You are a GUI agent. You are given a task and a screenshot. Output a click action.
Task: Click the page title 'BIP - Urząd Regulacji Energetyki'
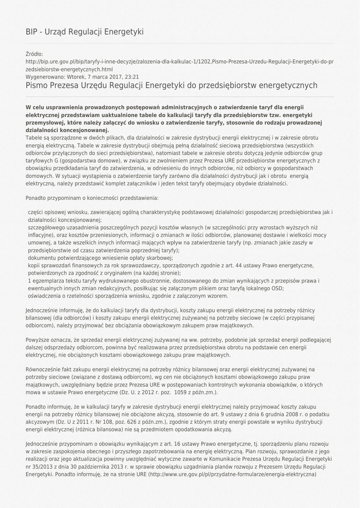pos(84,32)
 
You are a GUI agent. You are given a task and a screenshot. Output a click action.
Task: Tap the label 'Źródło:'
pos(34,54)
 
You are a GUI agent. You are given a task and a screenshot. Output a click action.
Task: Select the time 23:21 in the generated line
pos(132,77)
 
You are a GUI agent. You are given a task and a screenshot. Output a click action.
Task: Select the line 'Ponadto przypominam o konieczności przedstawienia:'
pos(92,198)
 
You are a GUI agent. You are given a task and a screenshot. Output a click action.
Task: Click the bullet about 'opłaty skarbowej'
pos(100,258)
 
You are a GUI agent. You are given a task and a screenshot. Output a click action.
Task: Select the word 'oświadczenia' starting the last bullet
pos(45,296)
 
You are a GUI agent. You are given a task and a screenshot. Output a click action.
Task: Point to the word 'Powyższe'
pos(37,340)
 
